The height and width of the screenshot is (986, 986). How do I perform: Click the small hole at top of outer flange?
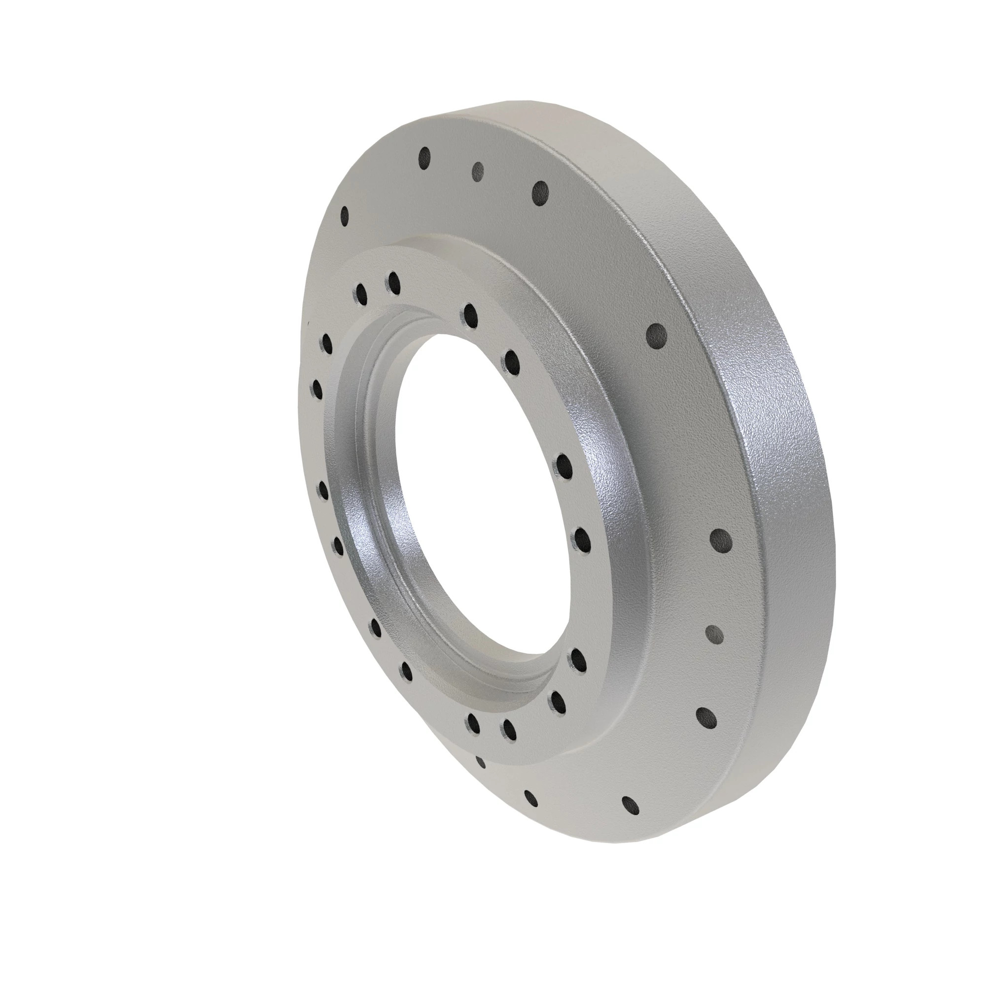478,171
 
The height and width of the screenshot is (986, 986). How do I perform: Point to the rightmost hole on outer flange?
721,540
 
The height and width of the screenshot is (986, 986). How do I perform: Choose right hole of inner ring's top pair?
393,282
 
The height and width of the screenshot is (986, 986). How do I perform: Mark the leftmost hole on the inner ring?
317,389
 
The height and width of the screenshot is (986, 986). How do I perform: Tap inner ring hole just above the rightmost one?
563,465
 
